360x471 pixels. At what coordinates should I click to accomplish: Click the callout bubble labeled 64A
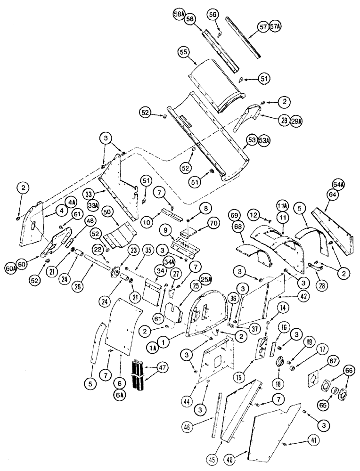(337, 183)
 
